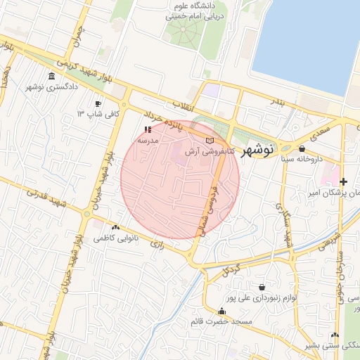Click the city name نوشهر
click(x=256, y=151)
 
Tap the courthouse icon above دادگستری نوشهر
click(x=51, y=77)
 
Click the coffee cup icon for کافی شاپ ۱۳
click(x=98, y=104)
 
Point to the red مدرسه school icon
click(x=148, y=130)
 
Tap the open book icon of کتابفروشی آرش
click(x=208, y=141)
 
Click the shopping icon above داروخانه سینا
click(x=302, y=149)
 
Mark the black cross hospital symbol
click(x=344, y=181)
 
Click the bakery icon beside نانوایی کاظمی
click(x=115, y=227)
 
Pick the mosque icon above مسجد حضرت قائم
click(x=222, y=311)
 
